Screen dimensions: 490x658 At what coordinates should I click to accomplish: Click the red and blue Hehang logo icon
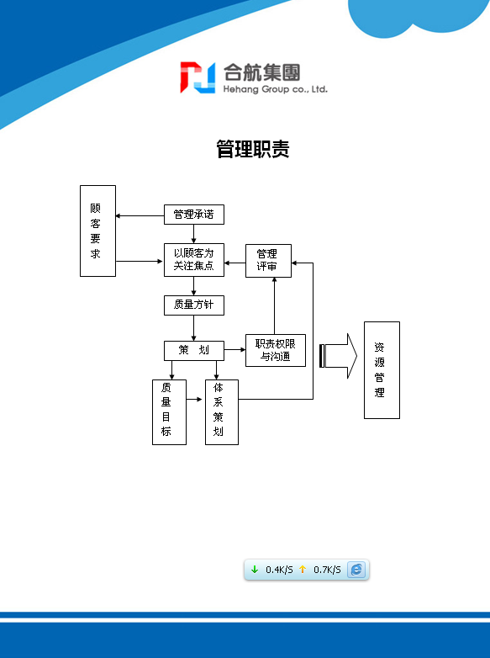click(x=198, y=77)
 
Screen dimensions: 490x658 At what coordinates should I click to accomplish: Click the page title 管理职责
click(x=253, y=149)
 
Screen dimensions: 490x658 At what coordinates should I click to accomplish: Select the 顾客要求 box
click(x=97, y=231)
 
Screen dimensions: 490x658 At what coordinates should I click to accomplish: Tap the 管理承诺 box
click(x=193, y=215)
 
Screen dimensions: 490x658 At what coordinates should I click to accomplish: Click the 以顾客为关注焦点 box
click(x=193, y=260)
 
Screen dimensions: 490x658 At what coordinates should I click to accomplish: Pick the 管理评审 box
click(x=268, y=261)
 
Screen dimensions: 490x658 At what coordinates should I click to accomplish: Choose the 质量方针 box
click(x=193, y=305)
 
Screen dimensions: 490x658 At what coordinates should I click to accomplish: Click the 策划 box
click(x=193, y=350)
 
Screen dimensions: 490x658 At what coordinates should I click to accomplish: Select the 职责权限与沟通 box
click(x=276, y=350)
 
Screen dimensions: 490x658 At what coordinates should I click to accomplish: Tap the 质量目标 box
click(x=169, y=412)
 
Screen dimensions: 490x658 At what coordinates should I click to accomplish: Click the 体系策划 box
click(x=222, y=412)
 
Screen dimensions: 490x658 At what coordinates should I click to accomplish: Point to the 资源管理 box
click(x=382, y=370)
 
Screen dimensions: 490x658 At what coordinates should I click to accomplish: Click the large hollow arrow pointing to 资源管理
click(x=339, y=356)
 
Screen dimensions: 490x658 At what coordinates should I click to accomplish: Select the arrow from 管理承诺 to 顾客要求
click(x=140, y=215)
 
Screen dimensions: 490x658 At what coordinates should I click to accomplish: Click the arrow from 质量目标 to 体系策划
click(x=194, y=399)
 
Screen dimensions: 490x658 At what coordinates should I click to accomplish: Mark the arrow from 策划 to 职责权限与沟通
click(x=234, y=349)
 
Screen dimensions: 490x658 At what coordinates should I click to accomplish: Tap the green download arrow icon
click(x=255, y=570)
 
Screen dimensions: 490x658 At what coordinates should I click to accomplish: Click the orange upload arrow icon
click(x=303, y=570)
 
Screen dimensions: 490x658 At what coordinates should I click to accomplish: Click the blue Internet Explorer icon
click(x=356, y=570)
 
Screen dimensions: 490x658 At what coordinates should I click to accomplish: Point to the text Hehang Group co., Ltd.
click(x=275, y=89)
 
